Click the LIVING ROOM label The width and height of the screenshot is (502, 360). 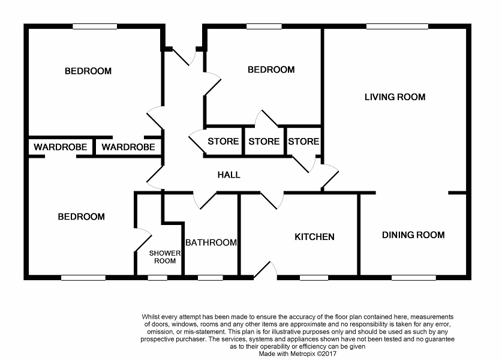(x=395, y=97)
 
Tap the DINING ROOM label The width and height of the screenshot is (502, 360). (x=413, y=235)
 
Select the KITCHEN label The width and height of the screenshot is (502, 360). (x=314, y=236)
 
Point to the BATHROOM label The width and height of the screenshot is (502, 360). (x=211, y=242)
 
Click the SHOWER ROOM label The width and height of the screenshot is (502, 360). (x=165, y=257)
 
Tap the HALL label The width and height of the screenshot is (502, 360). (x=229, y=175)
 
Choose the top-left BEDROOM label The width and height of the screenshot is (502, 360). (x=88, y=71)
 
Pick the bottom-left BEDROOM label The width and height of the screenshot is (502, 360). (x=81, y=217)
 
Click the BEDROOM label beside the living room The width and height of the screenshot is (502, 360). (x=271, y=70)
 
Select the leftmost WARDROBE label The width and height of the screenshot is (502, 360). (x=61, y=147)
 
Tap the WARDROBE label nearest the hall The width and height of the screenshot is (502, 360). (x=128, y=147)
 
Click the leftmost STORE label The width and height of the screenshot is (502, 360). (x=223, y=142)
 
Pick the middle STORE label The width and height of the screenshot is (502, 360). (x=264, y=142)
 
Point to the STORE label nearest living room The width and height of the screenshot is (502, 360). (x=303, y=142)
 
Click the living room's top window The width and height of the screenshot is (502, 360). (x=397, y=26)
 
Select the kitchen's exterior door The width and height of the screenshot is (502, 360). (x=265, y=271)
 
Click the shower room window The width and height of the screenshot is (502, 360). (x=158, y=277)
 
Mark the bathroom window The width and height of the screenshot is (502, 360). (x=209, y=277)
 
